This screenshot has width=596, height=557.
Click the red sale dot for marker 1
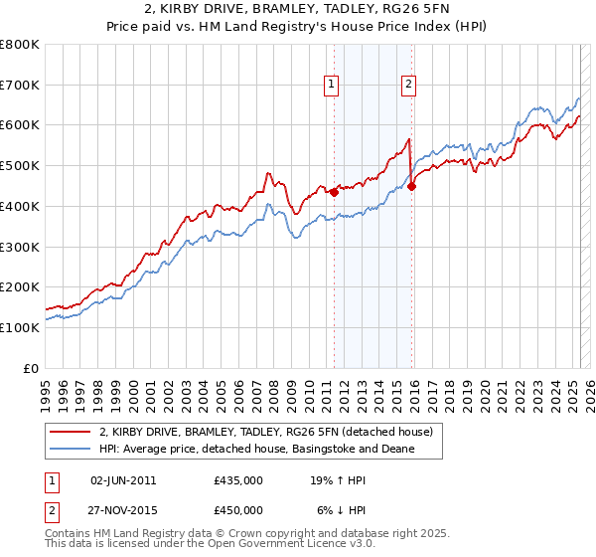click(334, 192)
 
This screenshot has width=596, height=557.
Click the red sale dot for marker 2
click(412, 185)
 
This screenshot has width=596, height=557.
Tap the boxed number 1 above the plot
click(332, 85)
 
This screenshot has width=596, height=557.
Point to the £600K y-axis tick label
click(20, 125)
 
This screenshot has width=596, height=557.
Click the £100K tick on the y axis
click(20, 327)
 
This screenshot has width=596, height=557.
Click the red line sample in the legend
click(71, 433)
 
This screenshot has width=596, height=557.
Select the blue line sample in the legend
click(71, 450)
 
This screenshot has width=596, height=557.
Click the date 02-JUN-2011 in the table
click(123, 480)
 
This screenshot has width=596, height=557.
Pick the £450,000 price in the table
click(238, 510)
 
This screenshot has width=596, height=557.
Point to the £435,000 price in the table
click(238, 480)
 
